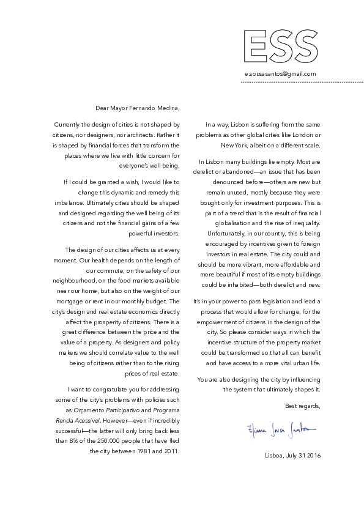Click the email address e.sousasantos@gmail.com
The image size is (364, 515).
pos(280,74)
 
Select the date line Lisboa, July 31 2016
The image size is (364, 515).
pos(293,456)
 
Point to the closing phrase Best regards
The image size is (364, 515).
pos(302,406)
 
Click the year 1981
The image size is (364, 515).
pos(139,451)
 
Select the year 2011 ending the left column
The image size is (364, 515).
pos(168,451)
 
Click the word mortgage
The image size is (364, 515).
pos(68,302)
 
